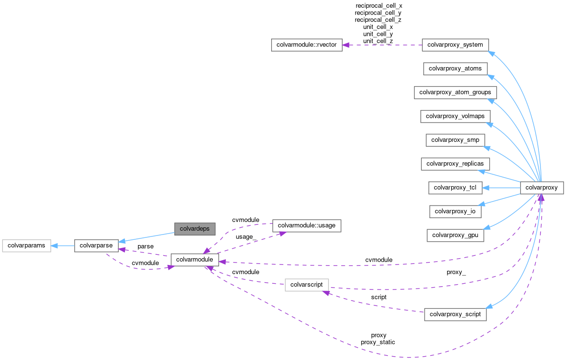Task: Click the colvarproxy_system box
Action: pos(455,45)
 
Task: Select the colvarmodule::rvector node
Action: pos(306,45)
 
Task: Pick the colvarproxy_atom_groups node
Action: pos(455,92)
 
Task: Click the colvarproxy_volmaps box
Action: pos(455,116)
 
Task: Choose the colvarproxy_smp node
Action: pos(455,140)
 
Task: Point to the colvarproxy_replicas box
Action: pos(456,164)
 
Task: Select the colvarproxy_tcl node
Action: pos(455,187)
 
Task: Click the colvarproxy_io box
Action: pos(456,211)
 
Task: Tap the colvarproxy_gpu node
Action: pos(455,235)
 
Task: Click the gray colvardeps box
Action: pos(194,229)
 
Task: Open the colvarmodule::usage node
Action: pos(307,225)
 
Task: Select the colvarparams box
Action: pos(26,246)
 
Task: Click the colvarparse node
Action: pos(96,246)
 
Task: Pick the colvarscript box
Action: pos(307,285)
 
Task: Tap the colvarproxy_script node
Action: pos(455,314)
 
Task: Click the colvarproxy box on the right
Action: pos(541,187)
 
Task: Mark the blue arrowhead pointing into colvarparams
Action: pos(55,246)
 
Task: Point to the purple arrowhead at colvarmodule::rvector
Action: pos(346,45)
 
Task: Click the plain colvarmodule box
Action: pos(194,260)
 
